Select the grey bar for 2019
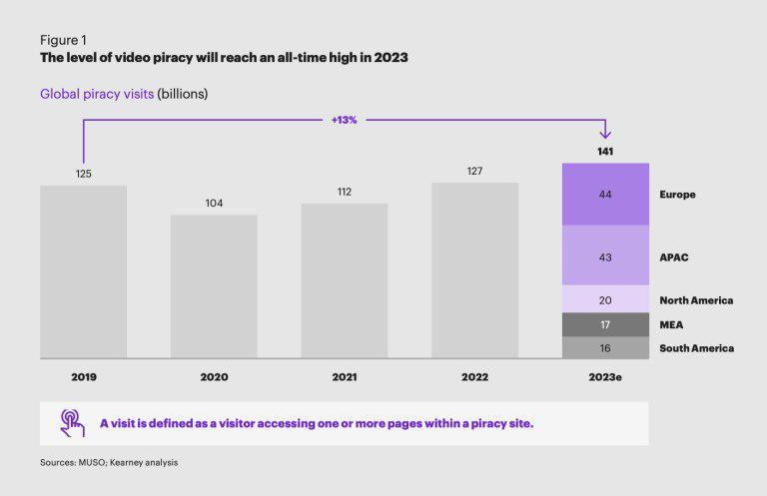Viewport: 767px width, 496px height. point(83,271)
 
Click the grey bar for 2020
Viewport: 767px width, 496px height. point(214,286)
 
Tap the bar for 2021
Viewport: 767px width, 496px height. point(345,280)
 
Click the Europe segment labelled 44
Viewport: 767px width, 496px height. point(605,195)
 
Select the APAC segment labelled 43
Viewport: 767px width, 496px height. point(605,256)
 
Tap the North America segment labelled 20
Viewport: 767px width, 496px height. point(605,299)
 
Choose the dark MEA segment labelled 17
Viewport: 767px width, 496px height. point(605,324)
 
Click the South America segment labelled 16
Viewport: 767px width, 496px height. point(605,347)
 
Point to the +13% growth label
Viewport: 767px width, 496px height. point(344,120)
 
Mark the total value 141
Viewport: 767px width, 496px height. point(605,152)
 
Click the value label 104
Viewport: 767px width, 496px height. point(214,204)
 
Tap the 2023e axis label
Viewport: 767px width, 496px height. point(605,378)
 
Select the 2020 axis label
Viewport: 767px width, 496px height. point(214,378)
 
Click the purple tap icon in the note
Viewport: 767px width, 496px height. point(72,423)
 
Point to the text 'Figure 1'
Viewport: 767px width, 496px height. point(62,40)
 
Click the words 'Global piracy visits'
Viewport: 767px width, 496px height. point(96,94)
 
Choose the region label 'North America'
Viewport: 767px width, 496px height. point(696,300)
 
